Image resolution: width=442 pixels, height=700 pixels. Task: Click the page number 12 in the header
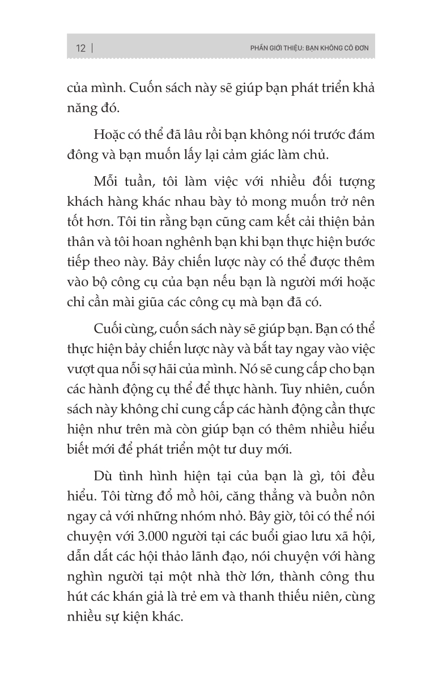80,48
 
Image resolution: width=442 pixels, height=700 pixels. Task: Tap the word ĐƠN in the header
360,48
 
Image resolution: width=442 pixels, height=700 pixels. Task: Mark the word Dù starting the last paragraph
104,477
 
